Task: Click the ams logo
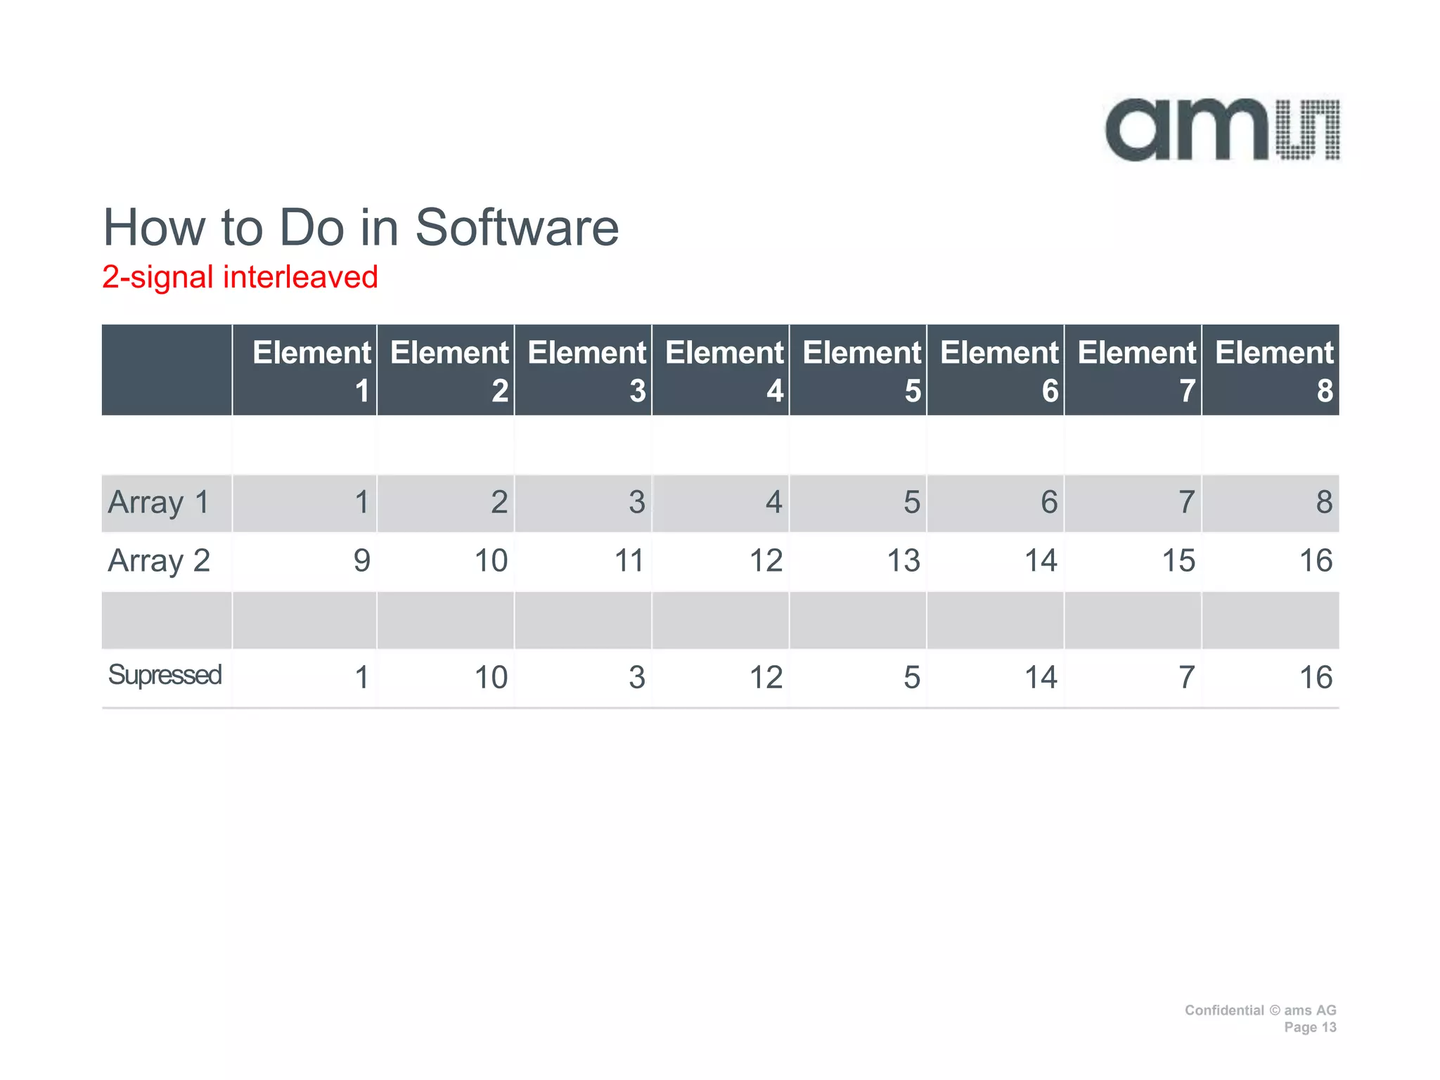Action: tap(1222, 131)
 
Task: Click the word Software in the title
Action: tap(517, 228)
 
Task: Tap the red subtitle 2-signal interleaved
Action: tap(240, 277)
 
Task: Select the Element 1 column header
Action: tap(311, 371)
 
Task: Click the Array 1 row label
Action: tap(159, 503)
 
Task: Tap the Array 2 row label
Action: tap(159, 561)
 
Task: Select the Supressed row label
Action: tap(165, 675)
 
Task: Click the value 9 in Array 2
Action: tap(361, 561)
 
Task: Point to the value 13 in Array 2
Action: tap(903, 561)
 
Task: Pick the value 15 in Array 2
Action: tap(1178, 561)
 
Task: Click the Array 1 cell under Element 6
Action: tap(1048, 503)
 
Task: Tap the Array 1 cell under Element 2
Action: tap(499, 503)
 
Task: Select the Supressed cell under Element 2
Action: tap(491, 678)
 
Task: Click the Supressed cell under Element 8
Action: tap(1315, 678)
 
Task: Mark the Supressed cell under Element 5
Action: tap(911, 678)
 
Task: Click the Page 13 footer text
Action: tap(1309, 1027)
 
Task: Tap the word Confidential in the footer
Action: tap(1223, 1010)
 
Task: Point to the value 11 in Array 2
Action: tap(629, 561)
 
